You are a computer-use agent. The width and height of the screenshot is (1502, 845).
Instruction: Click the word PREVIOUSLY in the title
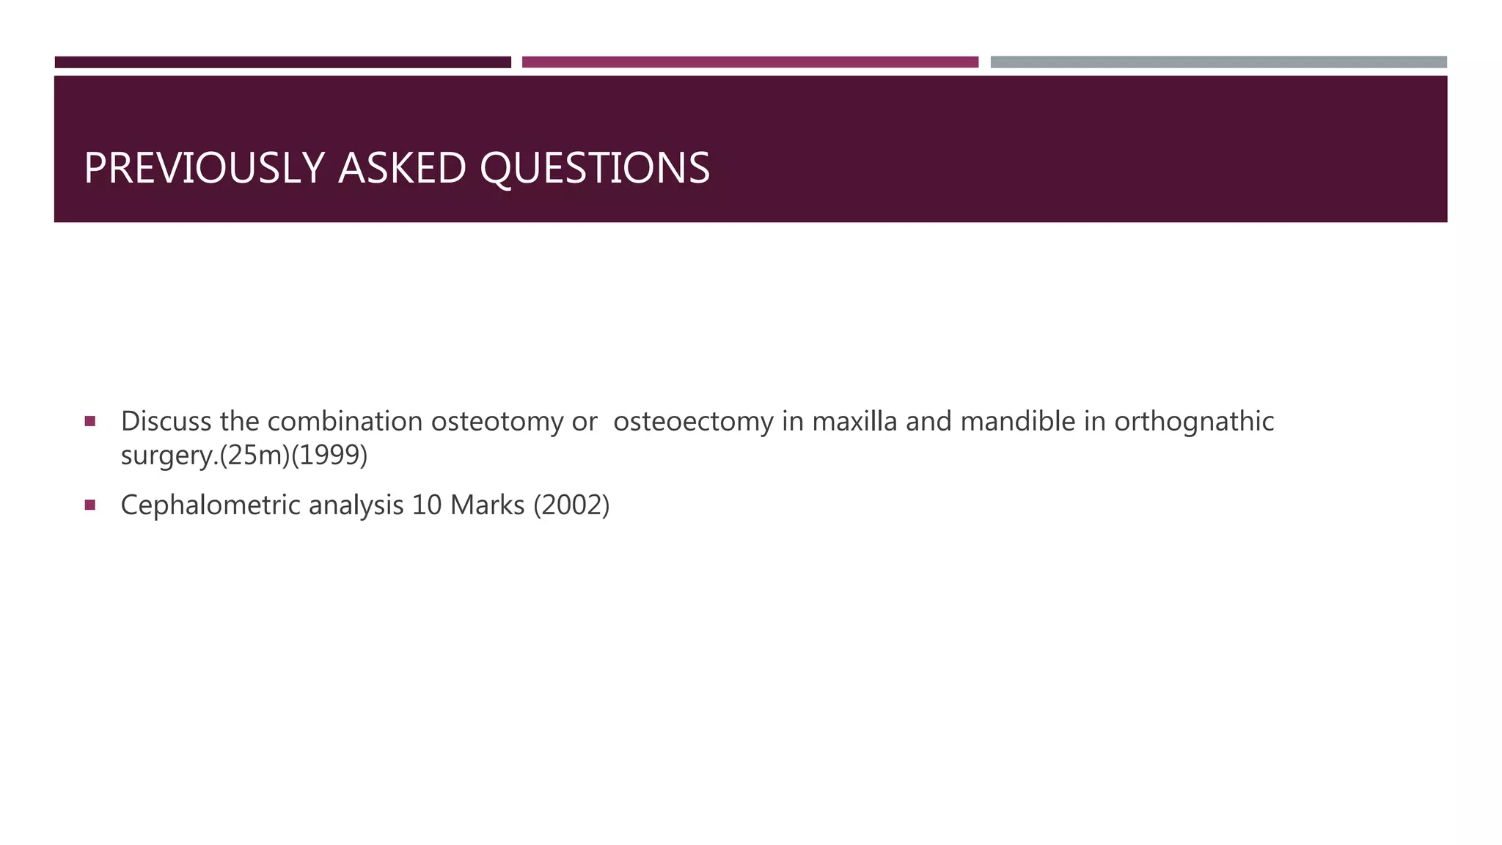(x=204, y=168)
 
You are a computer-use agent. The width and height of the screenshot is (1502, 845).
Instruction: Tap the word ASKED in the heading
(x=402, y=168)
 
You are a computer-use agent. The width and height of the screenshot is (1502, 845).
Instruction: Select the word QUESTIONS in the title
(x=595, y=168)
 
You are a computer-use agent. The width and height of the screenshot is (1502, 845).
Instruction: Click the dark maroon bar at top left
(x=282, y=62)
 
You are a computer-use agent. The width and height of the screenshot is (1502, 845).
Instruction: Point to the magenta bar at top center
(x=750, y=62)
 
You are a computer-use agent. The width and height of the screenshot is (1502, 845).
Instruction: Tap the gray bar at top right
(x=1218, y=62)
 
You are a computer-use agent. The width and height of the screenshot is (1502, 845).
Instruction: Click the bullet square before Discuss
(x=90, y=421)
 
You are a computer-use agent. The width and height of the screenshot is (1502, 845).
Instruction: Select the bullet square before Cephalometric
(x=90, y=505)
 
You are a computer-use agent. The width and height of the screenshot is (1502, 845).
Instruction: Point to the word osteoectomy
(x=693, y=422)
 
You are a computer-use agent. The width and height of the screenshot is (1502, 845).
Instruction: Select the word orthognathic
(x=1194, y=422)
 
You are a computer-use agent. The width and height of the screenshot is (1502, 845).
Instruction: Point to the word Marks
(x=487, y=505)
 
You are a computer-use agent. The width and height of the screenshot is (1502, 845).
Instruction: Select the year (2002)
(x=571, y=505)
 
